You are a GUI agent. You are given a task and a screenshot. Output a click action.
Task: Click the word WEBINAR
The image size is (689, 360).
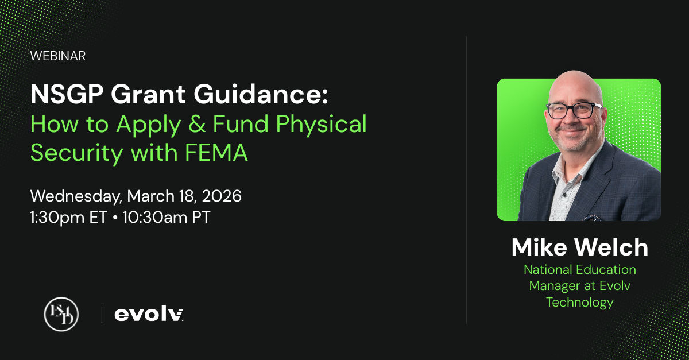(x=58, y=56)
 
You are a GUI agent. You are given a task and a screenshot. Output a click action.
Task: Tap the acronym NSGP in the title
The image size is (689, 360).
(x=67, y=94)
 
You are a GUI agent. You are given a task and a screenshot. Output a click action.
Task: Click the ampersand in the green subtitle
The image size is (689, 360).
(x=197, y=123)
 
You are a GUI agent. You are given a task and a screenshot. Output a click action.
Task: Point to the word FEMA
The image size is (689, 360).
(x=216, y=153)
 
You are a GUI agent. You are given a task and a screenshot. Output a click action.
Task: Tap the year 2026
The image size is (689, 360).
(x=222, y=196)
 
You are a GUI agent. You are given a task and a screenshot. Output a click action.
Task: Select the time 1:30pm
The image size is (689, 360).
(x=57, y=218)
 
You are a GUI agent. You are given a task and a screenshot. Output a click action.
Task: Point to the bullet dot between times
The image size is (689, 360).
(x=115, y=218)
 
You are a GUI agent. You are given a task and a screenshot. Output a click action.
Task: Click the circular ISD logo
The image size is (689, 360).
(x=61, y=314)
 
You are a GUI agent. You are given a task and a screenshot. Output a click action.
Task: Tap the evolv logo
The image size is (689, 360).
(x=149, y=314)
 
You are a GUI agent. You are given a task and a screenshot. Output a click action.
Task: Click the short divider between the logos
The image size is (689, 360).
(x=102, y=315)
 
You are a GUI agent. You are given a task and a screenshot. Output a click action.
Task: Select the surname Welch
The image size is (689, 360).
(x=611, y=247)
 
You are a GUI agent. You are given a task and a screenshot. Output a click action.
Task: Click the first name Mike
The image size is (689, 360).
(x=539, y=247)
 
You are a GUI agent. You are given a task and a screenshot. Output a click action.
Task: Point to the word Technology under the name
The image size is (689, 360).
(x=580, y=303)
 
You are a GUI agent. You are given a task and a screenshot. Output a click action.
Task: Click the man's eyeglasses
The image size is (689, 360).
(x=574, y=110)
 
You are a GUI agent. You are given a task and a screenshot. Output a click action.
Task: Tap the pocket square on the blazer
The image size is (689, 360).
(x=592, y=218)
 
